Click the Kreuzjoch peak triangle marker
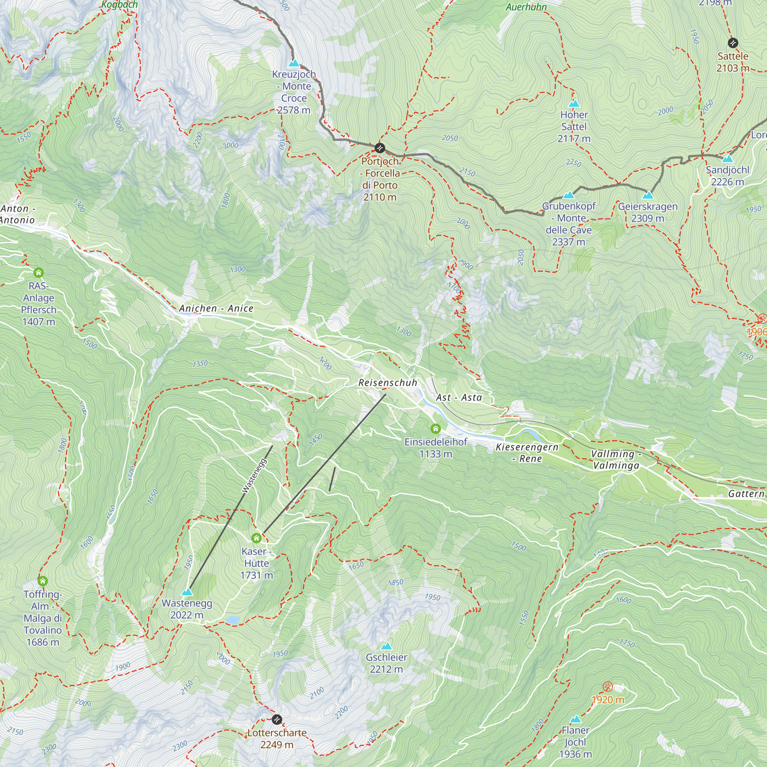pos(294,64)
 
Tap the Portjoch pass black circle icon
pos(380,148)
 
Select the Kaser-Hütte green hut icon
pos(257,538)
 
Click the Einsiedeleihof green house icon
pos(436,429)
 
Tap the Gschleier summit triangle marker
pos(386,646)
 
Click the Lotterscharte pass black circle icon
pos(277,719)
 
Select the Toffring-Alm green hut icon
pos(43,581)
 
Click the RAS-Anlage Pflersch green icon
pos(38,273)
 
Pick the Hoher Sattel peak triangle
pos(574,104)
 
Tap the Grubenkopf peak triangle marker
pos(569,195)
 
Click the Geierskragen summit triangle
pos(648,195)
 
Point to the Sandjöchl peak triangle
pos(728,159)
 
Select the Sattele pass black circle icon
pos(733,43)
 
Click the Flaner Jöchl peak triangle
pos(575,719)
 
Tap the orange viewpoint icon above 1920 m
pos(607,687)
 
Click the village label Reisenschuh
pos(387,383)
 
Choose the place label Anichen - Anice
pos(216,308)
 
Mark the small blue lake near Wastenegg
pos(233,620)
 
